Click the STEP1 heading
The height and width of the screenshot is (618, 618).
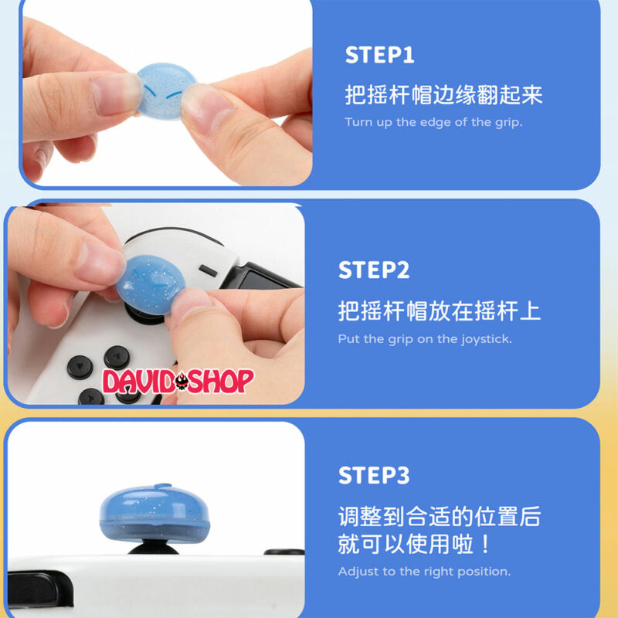point(379,55)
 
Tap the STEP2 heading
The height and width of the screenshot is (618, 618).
point(374,270)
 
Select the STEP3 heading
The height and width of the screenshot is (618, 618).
point(374,475)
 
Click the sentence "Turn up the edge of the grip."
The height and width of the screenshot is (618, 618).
point(433,122)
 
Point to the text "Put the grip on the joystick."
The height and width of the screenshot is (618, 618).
point(425,339)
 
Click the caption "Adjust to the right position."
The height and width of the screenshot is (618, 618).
point(424,572)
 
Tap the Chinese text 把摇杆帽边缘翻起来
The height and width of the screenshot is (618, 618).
point(443,95)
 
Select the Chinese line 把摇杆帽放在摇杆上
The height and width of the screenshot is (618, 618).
point(439,311)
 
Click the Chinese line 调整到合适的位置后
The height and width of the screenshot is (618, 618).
point(440,517)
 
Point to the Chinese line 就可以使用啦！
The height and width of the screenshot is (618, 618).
point(414,545)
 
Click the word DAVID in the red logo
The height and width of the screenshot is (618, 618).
point(138,381)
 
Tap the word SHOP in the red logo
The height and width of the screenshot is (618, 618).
point(221,381)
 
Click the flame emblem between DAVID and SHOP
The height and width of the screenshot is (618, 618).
point(182,381)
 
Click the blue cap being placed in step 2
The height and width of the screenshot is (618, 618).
point(151,284)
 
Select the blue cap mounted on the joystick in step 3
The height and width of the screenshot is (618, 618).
point(154,513)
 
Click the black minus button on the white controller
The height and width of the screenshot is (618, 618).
point(208,271)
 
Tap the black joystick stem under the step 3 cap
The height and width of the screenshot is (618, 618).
point(153,548)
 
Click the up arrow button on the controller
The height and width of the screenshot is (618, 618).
point(117,358)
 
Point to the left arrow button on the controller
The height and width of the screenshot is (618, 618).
point(80,368)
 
